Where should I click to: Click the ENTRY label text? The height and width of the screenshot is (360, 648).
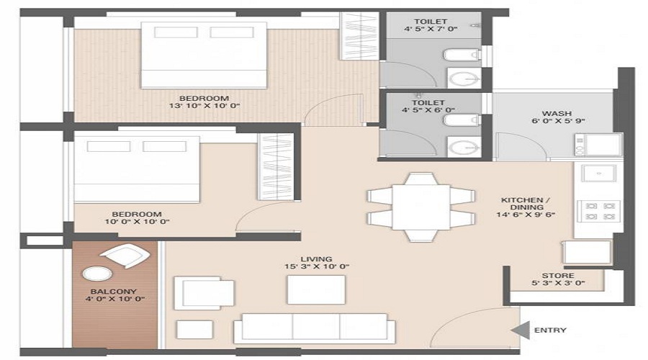550,330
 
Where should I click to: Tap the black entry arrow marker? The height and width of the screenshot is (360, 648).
518,330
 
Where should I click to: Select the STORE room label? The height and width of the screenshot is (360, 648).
558,276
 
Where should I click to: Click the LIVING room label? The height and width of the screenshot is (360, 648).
316,258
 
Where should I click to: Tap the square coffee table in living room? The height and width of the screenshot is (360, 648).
315,289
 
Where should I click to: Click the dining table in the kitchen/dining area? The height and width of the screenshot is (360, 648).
420,206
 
